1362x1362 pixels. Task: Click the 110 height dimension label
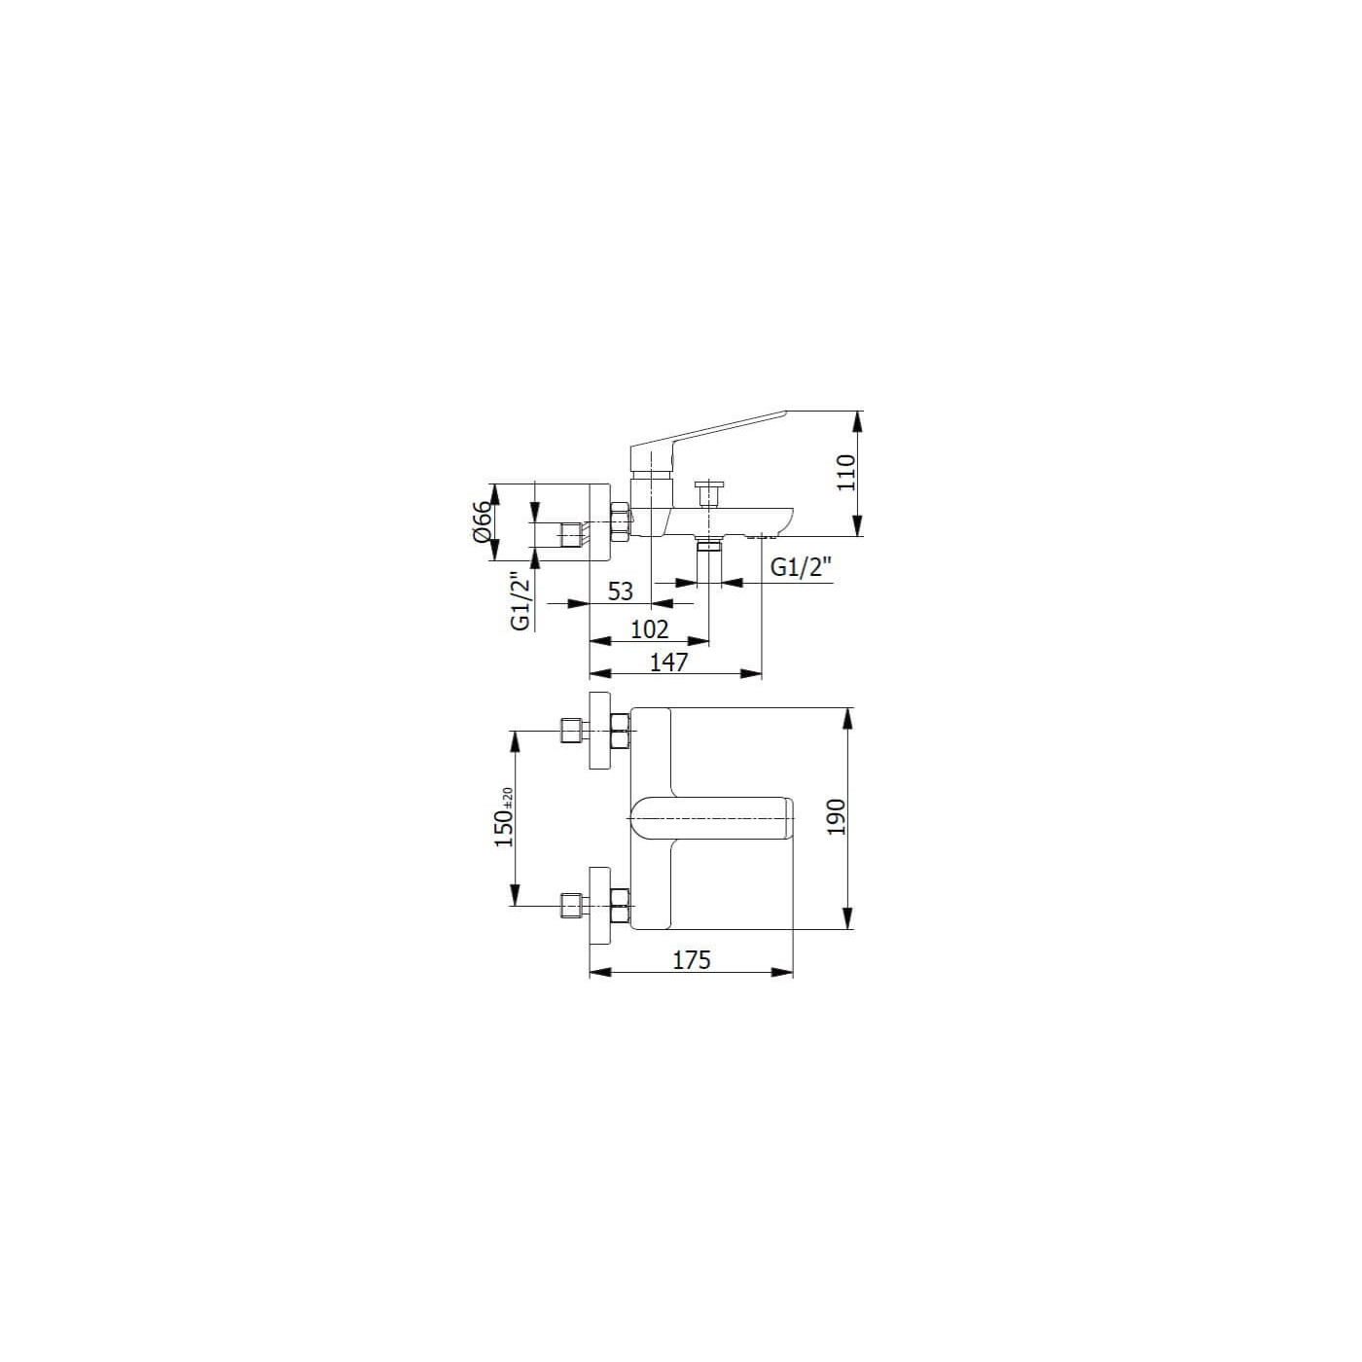tap(846, 473)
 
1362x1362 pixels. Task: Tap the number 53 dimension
tap(621, 591)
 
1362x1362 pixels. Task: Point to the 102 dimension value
tap(649, 628)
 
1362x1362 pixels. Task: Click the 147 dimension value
tap(668, 662)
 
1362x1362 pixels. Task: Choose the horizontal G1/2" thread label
tap(800, 567)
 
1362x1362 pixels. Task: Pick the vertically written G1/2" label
tap(520, 601)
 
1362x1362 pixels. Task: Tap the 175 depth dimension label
tap(692, 960)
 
